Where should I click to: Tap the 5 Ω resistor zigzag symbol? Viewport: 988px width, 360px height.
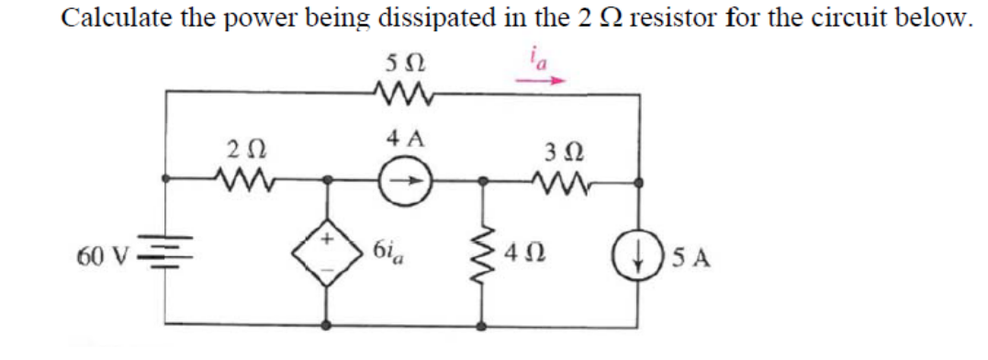click(x=400, y=91)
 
